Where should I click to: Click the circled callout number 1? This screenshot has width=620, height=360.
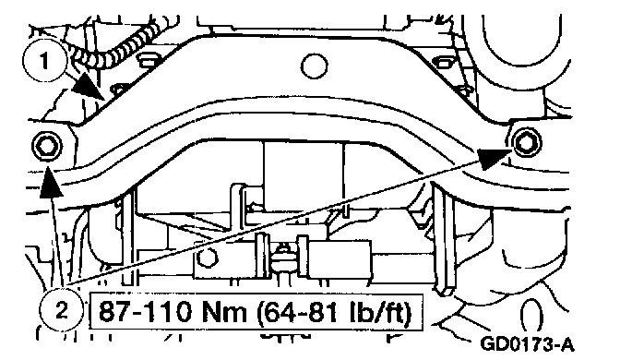click(44, 61)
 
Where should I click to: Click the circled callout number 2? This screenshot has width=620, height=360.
click(62, 310)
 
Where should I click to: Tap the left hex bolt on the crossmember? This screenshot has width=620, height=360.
click(47, 146)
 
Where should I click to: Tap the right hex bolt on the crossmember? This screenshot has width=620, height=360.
click(526, 142)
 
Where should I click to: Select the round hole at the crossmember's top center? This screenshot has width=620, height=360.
click(314, 66)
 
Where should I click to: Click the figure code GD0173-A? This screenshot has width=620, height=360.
click(526, 343)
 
